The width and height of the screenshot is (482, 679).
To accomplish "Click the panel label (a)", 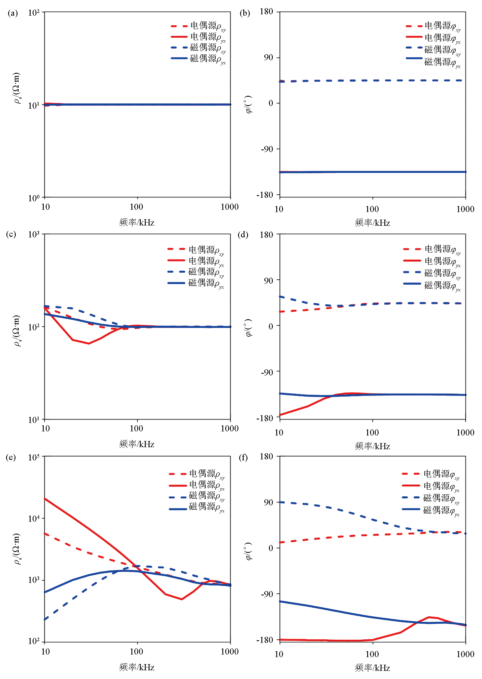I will (x=13, y=13).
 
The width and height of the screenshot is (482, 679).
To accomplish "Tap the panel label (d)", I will (x=243, y=235).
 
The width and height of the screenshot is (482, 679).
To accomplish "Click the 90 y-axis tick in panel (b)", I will (x=268, y=58).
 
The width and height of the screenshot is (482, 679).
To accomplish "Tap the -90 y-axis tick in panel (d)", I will (x=267, y=372).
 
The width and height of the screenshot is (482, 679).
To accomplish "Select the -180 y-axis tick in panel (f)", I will (x=265, y=640).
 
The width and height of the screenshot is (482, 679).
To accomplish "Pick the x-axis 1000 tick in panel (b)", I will (x=465, y=209).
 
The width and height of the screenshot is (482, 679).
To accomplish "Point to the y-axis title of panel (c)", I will (x=17, y=331).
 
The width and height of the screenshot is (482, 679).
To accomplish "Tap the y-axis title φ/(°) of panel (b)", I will (x=249, y=104).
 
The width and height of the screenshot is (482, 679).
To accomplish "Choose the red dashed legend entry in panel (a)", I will (x=198, y=27).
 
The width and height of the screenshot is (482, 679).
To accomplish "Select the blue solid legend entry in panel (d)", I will (x=432, y=285).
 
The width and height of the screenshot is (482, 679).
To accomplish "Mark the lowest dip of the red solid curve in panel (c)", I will (x=89, y=343).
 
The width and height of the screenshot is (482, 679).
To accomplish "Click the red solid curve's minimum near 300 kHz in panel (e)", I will (x=182, y=599).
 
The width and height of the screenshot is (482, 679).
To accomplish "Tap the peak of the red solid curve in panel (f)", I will (x=429, y=617).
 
